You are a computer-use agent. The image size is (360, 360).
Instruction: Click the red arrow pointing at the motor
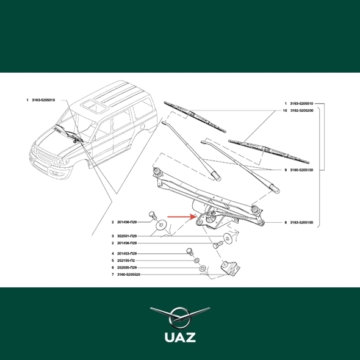pyautogui.click(x=181, y=217)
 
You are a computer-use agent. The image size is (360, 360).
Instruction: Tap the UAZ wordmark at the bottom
pyautogui.click(x=180, y=337)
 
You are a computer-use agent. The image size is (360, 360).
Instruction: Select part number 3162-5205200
pyautogui.click(x=301, y=110)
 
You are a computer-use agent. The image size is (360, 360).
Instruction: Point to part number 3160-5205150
pyautogui.click(x=301, y=170)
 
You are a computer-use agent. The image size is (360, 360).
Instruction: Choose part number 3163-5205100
pyautogui.click(x=301, y=223)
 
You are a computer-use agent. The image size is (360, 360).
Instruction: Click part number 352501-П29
pyautogui.click(x=127, y=236)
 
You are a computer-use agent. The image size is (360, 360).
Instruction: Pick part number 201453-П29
pyautogui.click(x=127, y=253)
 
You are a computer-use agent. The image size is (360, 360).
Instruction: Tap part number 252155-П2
pyautogui.click(x=126, y=261)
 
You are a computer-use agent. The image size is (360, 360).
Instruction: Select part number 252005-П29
pyautogui.click(x=127, y=267)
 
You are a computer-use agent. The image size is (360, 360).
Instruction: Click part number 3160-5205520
pyautogui.click(x=129, y=275)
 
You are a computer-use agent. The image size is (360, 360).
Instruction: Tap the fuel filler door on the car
pyautogui.click(x=142, y=126)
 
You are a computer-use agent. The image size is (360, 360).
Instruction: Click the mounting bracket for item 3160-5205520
pyautogui.click(x=230, y=268)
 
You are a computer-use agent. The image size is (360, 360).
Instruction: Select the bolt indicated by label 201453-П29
pyautogui.click(x=190, y=251)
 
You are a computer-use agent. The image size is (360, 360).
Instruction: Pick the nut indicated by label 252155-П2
pyautogui.click(x=196, y=261)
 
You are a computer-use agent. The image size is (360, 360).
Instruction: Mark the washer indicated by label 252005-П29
pyautogui.click(x=202, y=268)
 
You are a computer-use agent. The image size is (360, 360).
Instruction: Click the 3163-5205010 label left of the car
pyautogui.click(x=43, y=100)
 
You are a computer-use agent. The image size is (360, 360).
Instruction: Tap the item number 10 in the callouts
pyautogui.click(x=285, y=110)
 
